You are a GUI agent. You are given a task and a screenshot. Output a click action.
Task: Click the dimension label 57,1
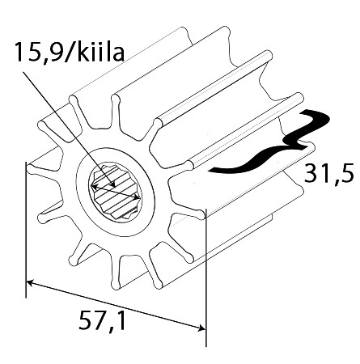pos(102,320)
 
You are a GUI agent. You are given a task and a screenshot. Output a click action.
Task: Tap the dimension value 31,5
pos(328,175)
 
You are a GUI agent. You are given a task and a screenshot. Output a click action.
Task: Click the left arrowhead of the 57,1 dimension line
pos(30,282)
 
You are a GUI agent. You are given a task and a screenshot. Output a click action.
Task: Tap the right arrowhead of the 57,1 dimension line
pos(201,328)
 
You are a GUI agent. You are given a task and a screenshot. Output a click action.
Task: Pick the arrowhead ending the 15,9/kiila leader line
pos(113,184)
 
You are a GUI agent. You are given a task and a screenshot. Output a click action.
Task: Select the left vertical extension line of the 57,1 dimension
pos(26,230)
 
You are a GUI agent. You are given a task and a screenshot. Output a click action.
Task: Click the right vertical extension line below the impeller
pos(205,277)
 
